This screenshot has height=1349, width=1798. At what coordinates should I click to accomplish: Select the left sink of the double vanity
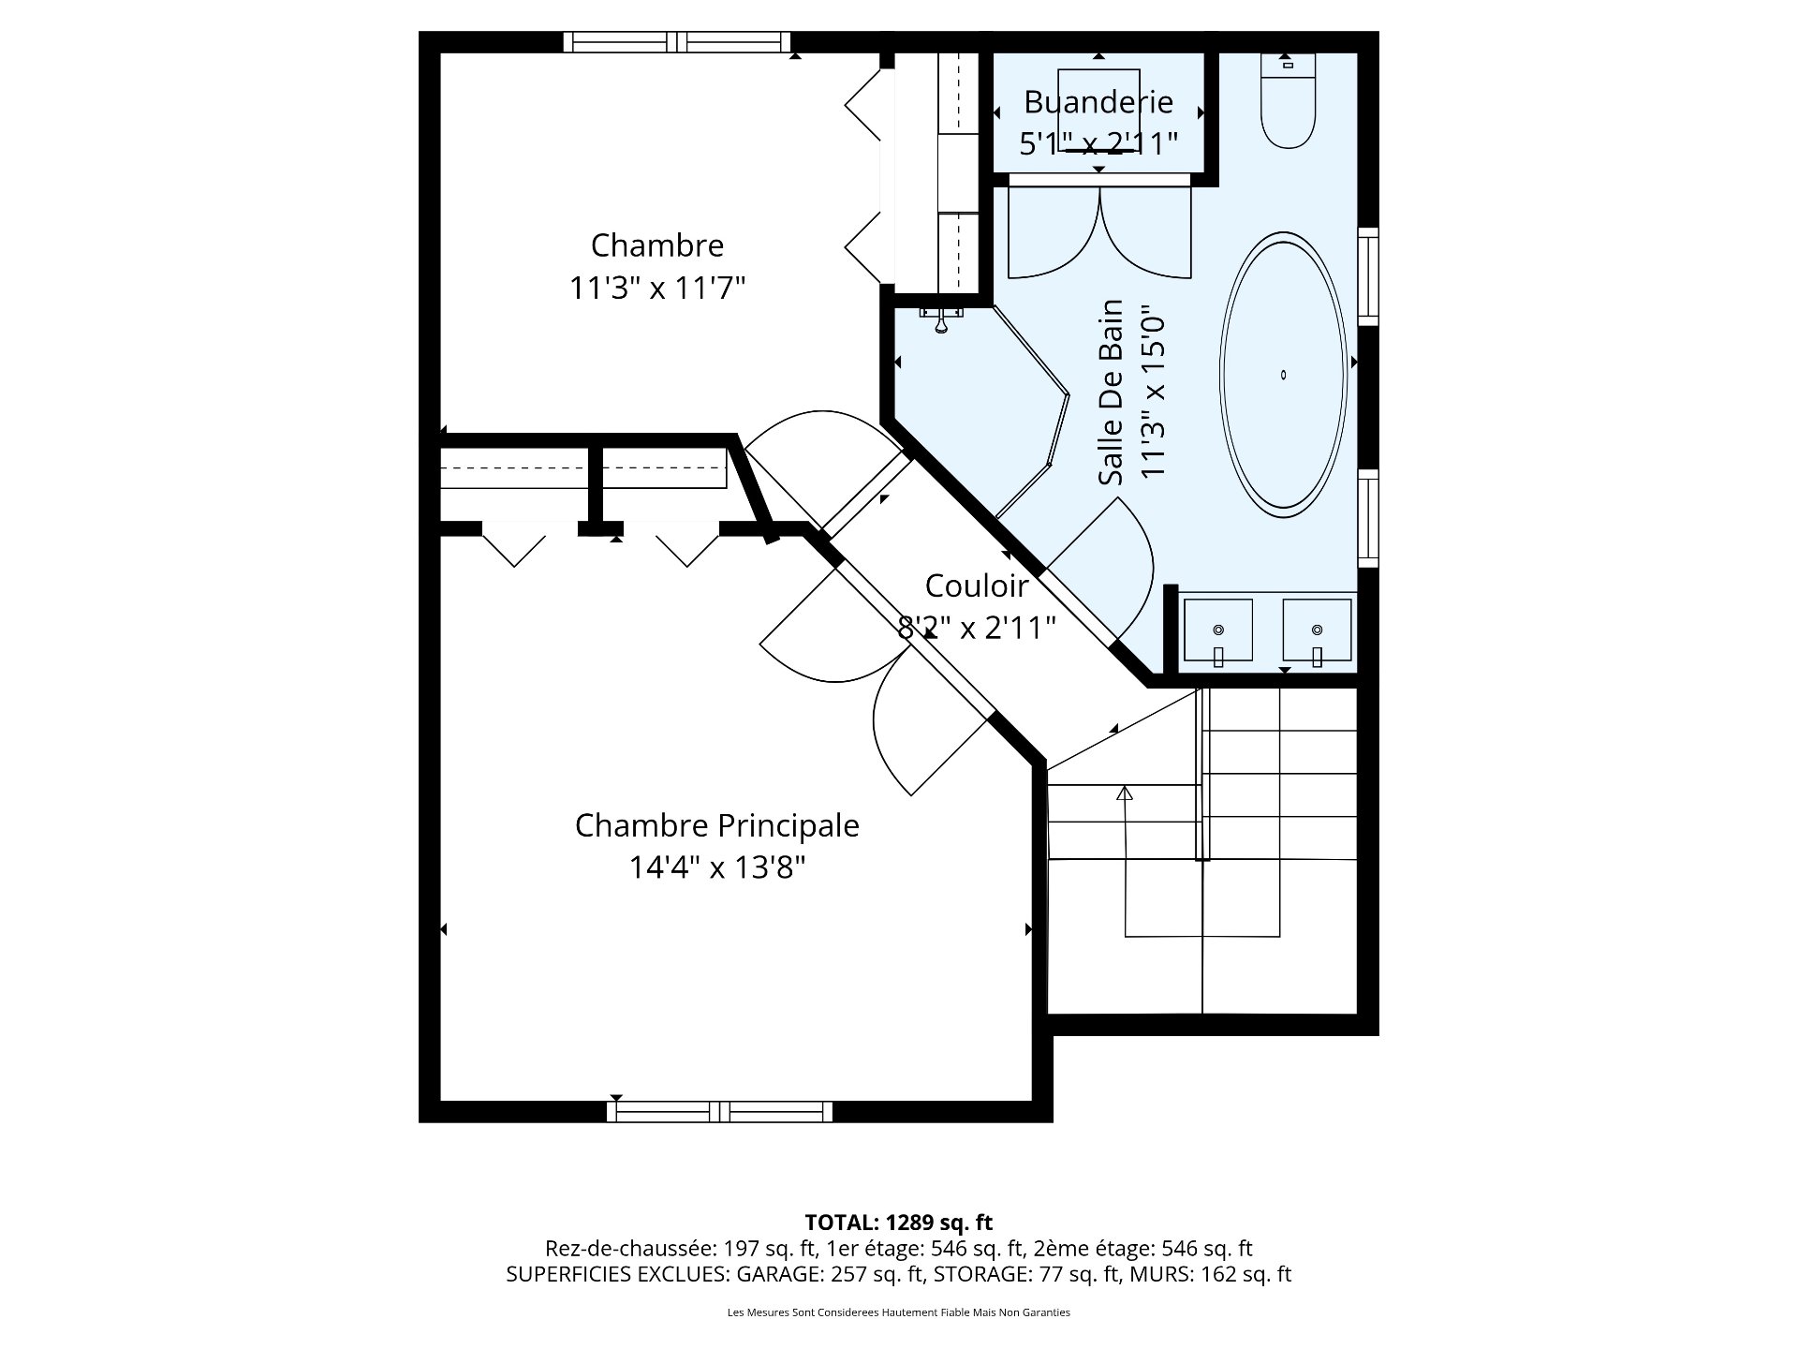tap(1218, 630)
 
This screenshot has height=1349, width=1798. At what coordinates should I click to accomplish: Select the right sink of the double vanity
tap(1317, 630)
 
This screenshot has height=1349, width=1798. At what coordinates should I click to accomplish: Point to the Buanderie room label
tap(1098, 101)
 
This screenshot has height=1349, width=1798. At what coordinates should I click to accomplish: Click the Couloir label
tap(977, 586)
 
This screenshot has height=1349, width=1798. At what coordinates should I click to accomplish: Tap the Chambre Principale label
tap(716, 826)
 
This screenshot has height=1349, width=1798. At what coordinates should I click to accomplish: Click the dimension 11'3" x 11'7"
tap(657, 288)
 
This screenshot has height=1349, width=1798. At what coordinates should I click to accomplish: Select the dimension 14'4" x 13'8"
tap(716, 868)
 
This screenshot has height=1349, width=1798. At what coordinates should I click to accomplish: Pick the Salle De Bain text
tap(1112, 393)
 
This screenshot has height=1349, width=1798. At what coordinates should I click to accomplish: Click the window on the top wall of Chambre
tap(677, 42)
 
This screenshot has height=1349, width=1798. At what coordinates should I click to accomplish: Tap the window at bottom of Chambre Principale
tap(719, 1111)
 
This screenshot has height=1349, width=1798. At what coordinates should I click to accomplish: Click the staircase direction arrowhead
tap(1125, 793)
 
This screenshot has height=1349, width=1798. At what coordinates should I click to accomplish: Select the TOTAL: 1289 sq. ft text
tap(898, 1223)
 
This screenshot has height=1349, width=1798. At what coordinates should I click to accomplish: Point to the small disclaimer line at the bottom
tap(898, 1312)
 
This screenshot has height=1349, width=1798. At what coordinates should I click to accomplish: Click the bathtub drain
tap(1284, 375)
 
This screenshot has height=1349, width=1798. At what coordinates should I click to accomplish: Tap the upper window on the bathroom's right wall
tap(1368, 275)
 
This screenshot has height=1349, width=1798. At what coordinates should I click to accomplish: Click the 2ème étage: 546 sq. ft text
tap(1142, 1249)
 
